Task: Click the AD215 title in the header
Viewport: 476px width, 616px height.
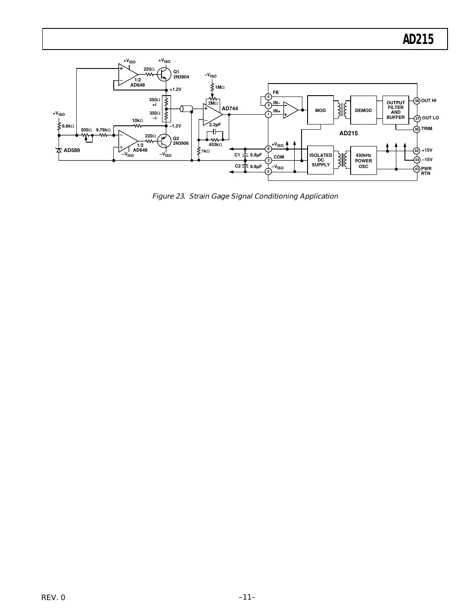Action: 417,40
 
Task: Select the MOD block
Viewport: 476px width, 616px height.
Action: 320,110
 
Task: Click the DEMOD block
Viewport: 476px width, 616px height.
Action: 363,110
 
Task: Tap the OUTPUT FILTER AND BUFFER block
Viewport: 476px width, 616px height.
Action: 395,110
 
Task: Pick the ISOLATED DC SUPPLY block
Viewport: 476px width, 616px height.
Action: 320,160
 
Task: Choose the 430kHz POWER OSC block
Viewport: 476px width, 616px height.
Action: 363,161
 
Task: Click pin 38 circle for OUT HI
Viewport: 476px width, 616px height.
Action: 417,101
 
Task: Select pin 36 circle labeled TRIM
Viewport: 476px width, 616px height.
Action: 417,129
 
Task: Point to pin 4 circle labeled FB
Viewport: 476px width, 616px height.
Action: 268,96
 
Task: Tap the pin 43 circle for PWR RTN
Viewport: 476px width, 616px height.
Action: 417,169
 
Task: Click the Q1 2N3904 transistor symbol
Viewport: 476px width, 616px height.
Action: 164,74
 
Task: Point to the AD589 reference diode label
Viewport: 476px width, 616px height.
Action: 72,150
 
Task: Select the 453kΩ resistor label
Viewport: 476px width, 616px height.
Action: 215,145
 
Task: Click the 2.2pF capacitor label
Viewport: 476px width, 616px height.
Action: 215,124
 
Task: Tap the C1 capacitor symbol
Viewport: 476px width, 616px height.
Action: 245,155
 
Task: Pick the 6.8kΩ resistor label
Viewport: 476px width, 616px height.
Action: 68,126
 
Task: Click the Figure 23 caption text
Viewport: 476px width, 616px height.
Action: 245,196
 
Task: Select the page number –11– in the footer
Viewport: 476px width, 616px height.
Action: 247,597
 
